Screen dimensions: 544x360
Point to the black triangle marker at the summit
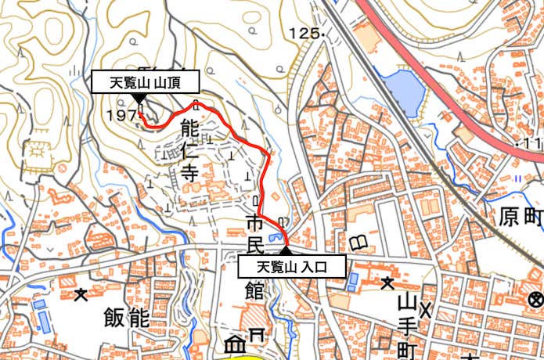(x=139, y=98)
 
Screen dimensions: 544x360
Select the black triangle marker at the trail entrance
(x=286, y=250)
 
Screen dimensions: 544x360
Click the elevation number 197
(x=123, y=115)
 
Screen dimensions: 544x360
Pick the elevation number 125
(x=304, y=34)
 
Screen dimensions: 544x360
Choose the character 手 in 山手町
(x=405, y=322)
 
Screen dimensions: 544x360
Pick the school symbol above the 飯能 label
(x=81, y=294)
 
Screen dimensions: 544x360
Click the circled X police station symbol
(x=535, y=298)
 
